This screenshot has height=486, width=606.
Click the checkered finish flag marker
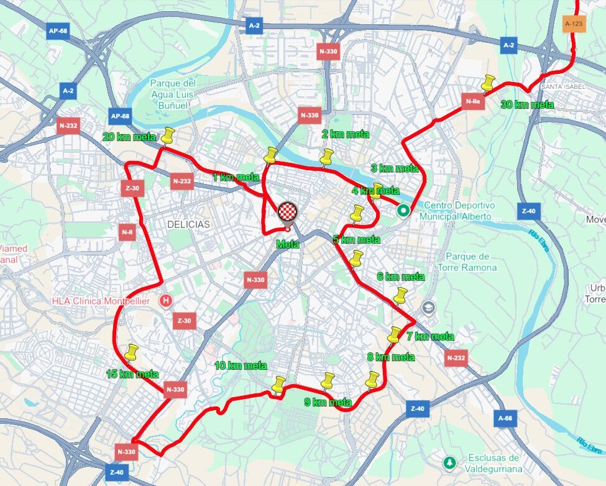(288, 212)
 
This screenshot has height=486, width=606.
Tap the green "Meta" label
(288, 244)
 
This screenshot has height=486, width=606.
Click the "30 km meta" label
(527, 105)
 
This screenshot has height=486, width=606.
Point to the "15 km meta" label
(132, 374)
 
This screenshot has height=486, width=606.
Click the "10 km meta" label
(241, 365)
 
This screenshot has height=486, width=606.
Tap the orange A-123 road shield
(574, 24)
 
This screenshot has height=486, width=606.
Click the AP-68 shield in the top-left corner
(58, 31)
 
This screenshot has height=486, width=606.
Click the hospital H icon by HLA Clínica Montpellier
(166, 301)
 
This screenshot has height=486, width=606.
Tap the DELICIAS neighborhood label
(188, 224)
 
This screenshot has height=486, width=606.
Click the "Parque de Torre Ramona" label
(471, 262)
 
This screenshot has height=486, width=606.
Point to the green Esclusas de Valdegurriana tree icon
(449, 463)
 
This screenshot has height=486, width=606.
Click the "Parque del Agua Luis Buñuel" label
(173, 94)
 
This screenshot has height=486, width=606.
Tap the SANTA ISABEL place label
(564, 86)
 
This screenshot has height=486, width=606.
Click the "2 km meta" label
(345, 134)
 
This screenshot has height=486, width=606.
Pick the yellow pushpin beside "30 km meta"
(488, 83)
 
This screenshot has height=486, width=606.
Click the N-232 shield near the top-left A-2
(68, 126)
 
